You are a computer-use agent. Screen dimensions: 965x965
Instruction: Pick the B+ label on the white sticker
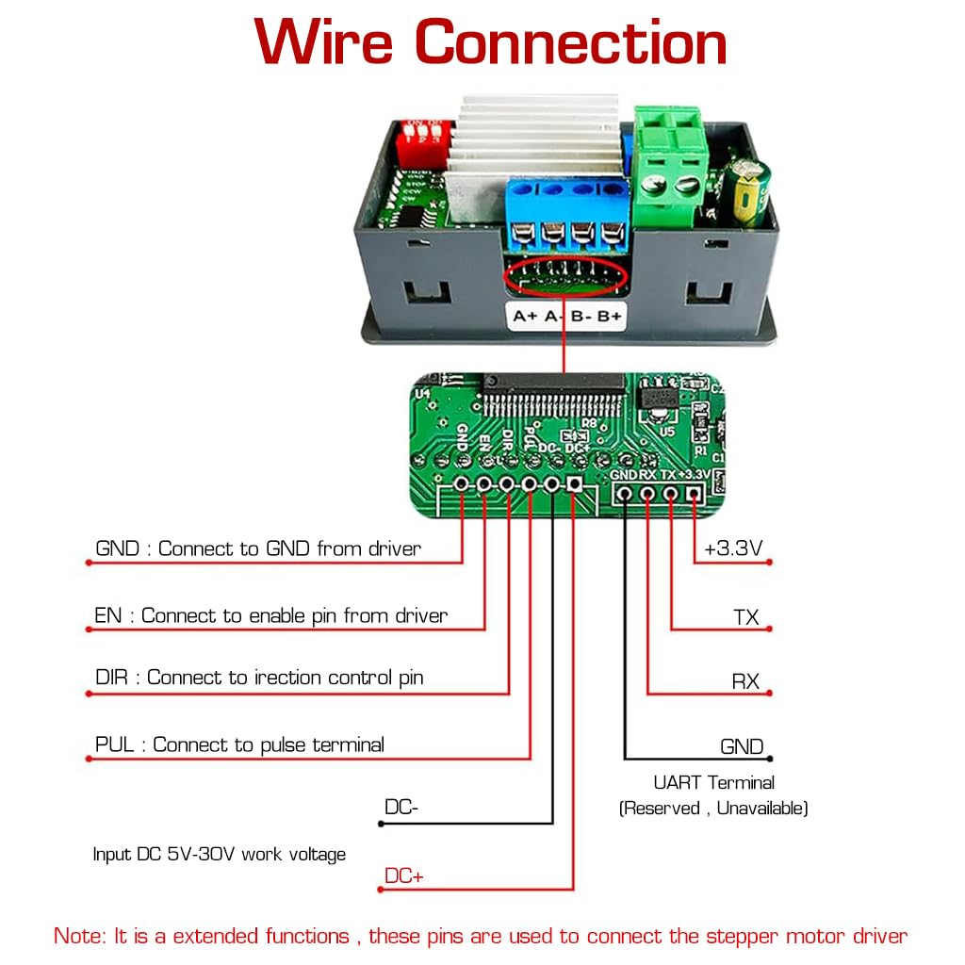[x=610, y=317]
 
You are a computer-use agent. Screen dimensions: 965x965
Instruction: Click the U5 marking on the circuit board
[x=667, y=431]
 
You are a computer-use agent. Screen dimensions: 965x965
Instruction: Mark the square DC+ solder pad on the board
[x=575, y=484]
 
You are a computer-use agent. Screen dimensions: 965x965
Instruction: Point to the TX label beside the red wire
[x=745, y=618]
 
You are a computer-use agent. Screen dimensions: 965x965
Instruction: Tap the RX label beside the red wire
[x=745, y=681]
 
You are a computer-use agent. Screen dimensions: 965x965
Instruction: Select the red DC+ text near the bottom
[x=403, y=876]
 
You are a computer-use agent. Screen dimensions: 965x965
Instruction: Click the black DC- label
[x=401, y=808]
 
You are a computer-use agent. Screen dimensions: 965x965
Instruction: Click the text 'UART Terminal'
[x=713, y=782]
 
